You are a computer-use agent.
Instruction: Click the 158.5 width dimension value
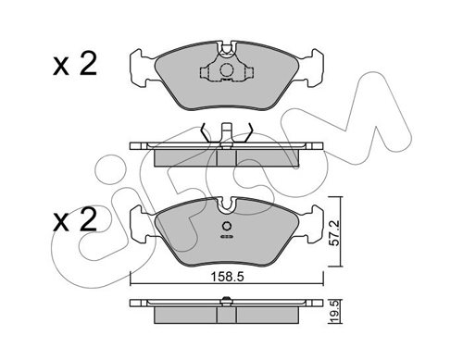coord(227,277)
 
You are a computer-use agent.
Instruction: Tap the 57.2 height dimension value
coord(334,233)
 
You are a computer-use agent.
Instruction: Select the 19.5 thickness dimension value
coord(334,312)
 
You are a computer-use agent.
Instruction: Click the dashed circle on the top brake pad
coord(226,70)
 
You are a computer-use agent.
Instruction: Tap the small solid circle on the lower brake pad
coord(227,226)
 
